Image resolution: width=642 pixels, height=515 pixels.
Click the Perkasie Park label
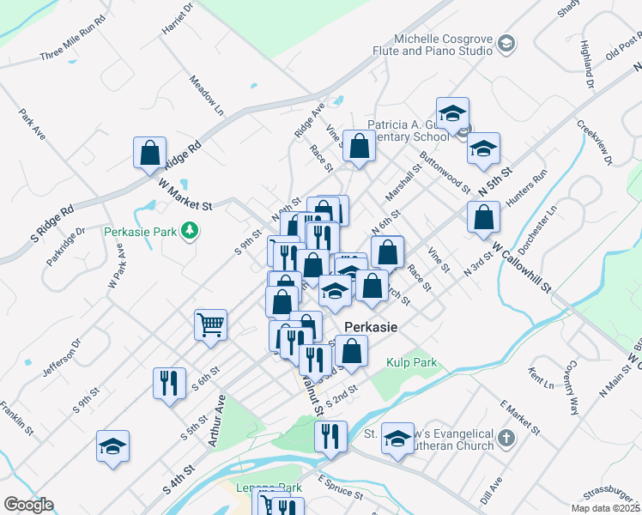(139, 232)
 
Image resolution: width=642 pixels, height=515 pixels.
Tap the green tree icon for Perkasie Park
(188, 231)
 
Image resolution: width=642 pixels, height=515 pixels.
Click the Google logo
(27, 505)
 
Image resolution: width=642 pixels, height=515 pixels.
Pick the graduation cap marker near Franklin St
(112, 446)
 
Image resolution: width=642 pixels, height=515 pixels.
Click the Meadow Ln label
(207, 94)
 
